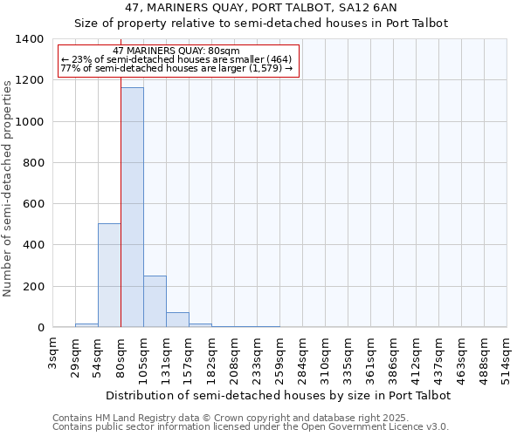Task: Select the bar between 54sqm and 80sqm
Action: click(x=109, y=276)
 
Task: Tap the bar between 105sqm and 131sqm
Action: click(x=155, y=302)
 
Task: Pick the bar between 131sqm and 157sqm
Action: click(x=177, y=320)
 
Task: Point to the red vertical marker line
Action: click(x=121, y=192)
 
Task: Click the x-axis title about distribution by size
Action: click(x=279, y=395)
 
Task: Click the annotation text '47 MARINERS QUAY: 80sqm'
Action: click(x=176, y=51)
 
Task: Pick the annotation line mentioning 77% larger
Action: click(x=176, y=69)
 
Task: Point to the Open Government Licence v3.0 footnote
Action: click(x=250, y=427)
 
